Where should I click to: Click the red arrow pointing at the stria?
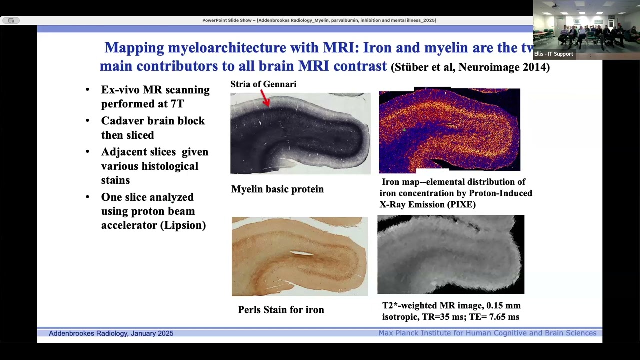(265, 98)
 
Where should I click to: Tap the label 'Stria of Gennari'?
(263, 84)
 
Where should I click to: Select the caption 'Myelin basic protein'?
(277, 189)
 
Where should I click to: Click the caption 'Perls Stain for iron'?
(281, 309)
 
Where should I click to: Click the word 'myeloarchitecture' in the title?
(227, 47)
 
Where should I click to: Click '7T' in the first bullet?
(177, 104)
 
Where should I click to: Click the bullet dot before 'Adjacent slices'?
(87, 151)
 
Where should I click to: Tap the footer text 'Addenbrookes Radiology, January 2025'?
(111, 333)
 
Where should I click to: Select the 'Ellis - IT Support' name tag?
(553, 54)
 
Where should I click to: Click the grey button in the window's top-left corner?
(11, 20)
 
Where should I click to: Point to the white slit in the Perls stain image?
(302, 253)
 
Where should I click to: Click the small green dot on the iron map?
(404, 130)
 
